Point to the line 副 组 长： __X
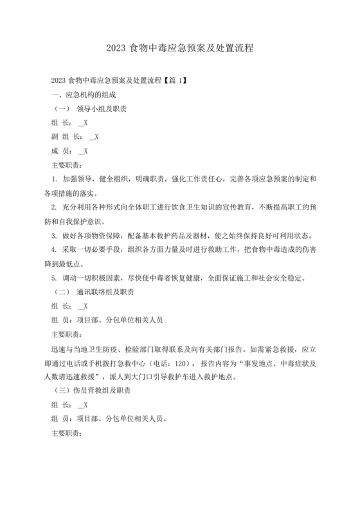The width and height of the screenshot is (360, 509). [x=74, y=137]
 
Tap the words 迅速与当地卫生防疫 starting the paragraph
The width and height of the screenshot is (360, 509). [x=85, y=348]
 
